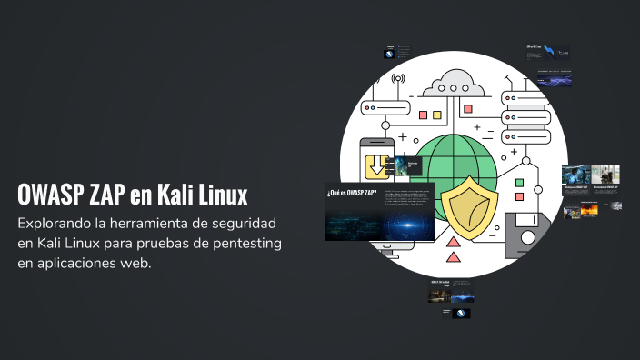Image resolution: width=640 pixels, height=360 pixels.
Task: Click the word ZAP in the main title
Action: tap(105, 195)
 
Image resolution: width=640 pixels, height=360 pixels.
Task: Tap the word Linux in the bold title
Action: tap(223, 195)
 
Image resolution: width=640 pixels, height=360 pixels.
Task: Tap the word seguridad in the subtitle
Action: tap(255, 224)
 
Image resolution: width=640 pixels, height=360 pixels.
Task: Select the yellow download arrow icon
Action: tap(376, 165)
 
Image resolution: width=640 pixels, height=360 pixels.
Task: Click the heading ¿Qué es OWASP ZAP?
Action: tap(352, 193)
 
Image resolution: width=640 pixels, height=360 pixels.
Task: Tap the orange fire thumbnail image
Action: tap(590, 210)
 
